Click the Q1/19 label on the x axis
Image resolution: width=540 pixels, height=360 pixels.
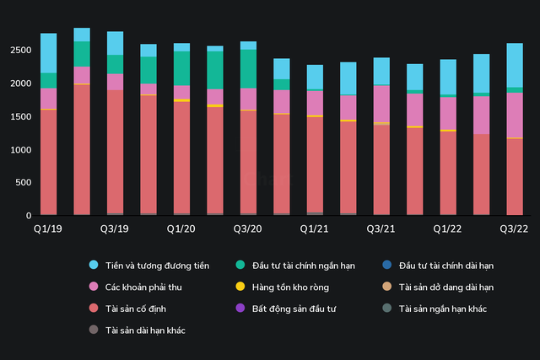click(48, 228)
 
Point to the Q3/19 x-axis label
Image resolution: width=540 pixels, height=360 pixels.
click(115, 228)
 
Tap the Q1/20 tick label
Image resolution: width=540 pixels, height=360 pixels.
click(181, 228)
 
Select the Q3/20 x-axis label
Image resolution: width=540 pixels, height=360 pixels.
click(248, 228)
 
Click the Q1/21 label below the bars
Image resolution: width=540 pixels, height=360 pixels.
click(315, 228)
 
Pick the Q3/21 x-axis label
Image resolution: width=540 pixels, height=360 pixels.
click(381, 228)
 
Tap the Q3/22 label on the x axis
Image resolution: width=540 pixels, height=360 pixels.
click(515, 228)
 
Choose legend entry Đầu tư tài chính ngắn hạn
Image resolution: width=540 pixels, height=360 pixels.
click(300, 266)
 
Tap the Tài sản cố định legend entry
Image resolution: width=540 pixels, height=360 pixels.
click(139, 309)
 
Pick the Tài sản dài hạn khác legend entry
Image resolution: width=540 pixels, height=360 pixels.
click(145, 330)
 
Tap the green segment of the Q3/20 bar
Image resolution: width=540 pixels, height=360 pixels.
click(248, 68)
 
